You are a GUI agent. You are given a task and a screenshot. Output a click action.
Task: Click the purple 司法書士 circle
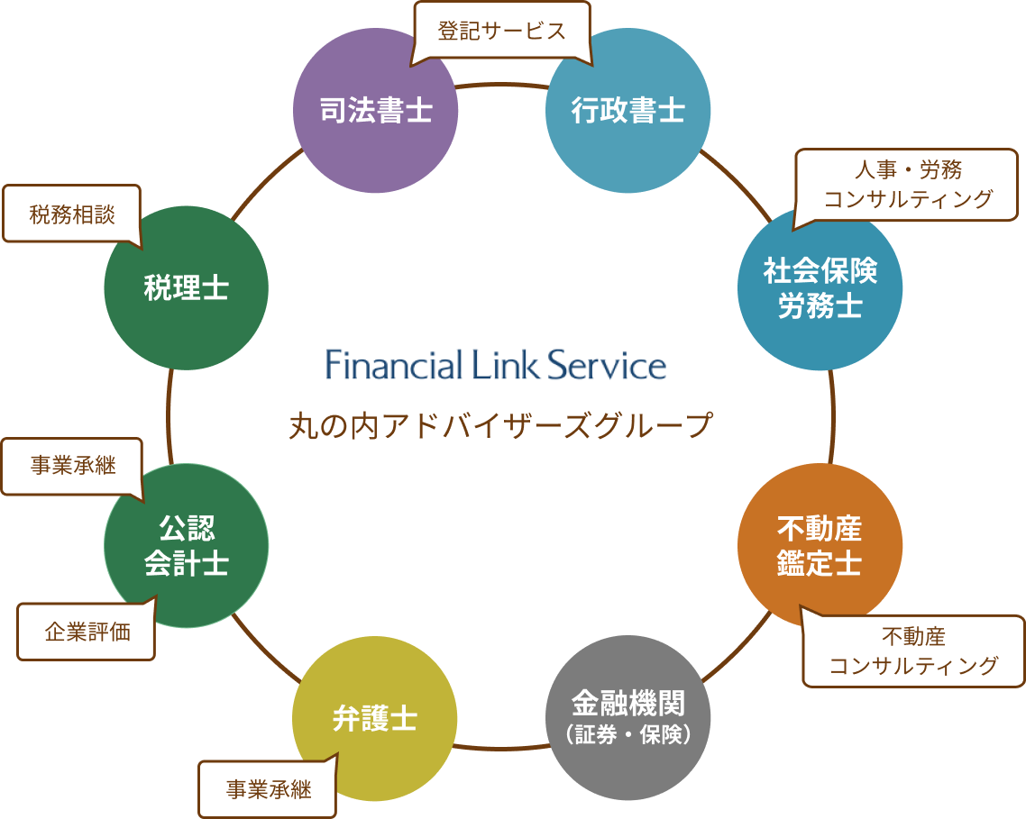point(375,110)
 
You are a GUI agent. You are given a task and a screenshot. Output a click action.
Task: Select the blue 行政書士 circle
point(628,110)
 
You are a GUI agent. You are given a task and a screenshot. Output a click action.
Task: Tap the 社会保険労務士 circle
point(820,287)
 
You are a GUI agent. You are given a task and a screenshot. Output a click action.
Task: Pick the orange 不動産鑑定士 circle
point(820,546)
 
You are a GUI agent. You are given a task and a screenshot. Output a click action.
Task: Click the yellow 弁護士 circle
point(374,718)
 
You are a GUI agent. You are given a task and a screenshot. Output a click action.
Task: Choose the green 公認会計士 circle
point(187,546)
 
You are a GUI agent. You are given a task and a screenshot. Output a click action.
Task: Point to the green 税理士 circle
point(187,287)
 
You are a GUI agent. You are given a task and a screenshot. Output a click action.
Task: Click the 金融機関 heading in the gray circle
point(628,704)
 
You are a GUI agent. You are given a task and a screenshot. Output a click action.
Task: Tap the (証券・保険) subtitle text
point(628,734)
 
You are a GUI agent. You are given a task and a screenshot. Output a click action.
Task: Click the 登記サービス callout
point(502,32)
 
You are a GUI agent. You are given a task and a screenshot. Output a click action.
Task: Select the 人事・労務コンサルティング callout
point(907,185)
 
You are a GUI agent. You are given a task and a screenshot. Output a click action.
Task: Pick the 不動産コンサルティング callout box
point(913,651)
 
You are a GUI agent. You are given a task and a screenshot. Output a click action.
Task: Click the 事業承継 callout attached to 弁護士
point(269,789)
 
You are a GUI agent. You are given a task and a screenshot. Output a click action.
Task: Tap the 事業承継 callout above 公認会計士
point(73,466)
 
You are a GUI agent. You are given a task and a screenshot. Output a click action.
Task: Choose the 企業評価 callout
point(87,632)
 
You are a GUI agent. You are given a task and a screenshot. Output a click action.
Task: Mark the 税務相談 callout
point(72,214)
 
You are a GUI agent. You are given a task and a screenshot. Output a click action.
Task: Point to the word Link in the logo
point(505,364)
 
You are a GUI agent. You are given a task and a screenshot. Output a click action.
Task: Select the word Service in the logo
point(608,364)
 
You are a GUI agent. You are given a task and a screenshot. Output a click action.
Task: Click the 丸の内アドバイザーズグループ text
point(499,425)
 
